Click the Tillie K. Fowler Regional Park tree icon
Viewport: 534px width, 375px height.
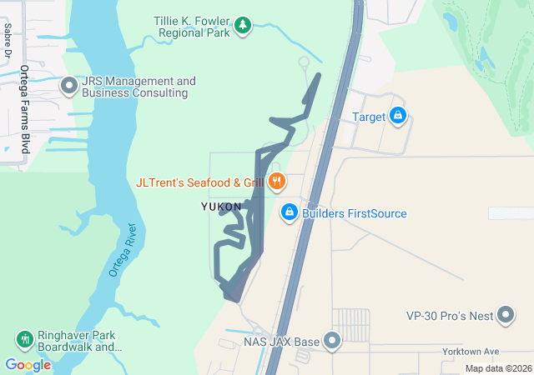[243, 26]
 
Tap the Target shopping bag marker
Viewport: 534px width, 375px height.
[398, 116]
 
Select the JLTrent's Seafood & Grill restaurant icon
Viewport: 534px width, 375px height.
[277, 181]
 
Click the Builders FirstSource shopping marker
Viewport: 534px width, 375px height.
[289, 212]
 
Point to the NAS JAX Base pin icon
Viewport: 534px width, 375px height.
[332, 341]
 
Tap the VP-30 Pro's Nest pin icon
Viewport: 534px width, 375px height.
[506, 315]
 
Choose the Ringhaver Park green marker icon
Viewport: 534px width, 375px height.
[25, 339]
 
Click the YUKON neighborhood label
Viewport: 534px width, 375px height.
[221, 207]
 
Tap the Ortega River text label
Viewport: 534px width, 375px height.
[123, 250]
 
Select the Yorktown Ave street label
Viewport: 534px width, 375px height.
[471, 352]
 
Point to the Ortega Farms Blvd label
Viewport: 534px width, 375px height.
[25, 108]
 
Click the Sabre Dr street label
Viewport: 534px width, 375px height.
[8, 39]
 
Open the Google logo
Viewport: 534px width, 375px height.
[28, 365]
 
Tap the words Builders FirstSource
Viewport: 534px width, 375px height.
[355, 213]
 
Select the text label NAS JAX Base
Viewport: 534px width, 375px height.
[281, 342]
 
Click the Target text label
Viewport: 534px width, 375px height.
[369, 117]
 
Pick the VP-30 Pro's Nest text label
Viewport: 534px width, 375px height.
[450, 316]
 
